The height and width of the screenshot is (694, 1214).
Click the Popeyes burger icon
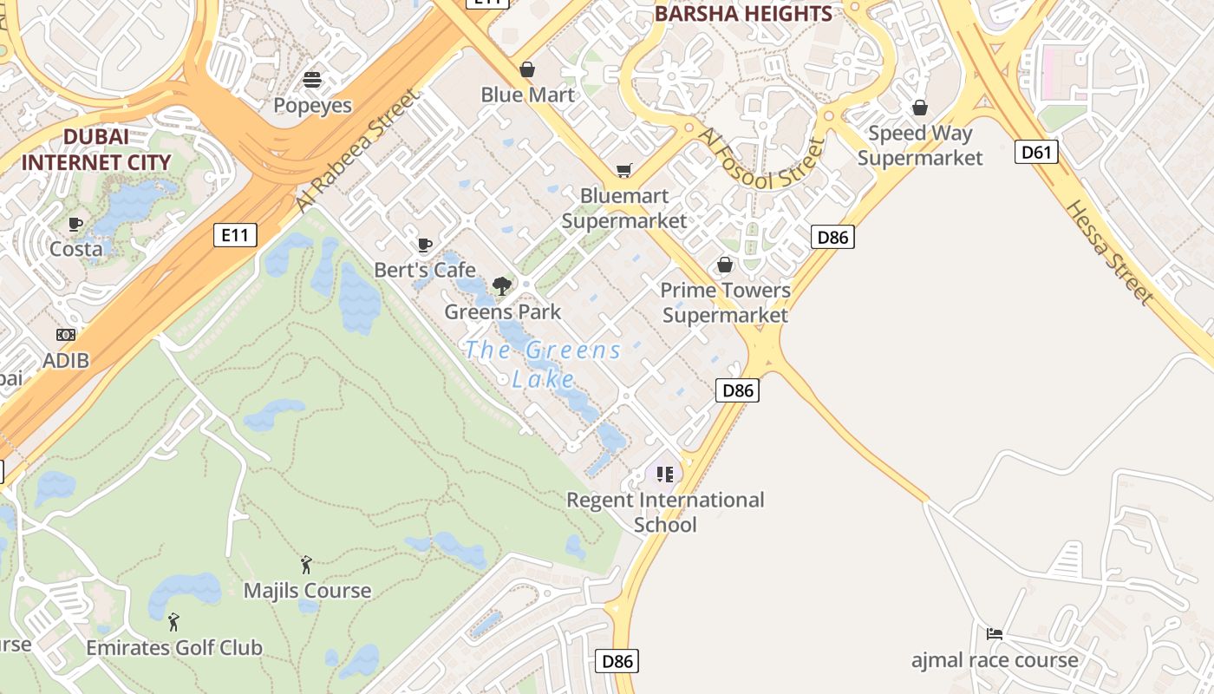pyautogui.click(x=312, y=80)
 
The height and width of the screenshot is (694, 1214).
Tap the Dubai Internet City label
pyautogui.click(x=95, y=149)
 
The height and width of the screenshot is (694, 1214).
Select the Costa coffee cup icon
pyautogui.click(x=75, y=224)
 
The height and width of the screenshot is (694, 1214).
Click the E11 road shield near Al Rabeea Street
pyautogui.click(x=235, y=234)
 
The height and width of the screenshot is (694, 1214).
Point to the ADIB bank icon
pyautogui.click(x=66, y=335)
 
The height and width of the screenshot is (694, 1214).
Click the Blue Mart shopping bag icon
pyautogui.click(x=526, y=69)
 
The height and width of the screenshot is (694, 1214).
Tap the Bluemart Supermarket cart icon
pyautogui.click(x=623, y=170)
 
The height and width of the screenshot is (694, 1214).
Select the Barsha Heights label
pyautogui.click(x=742, y=14)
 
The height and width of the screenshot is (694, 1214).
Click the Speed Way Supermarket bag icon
pyautogui.click(x=919, y=108)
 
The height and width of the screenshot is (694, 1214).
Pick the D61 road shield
pyautogui.click(x=1035, y=153)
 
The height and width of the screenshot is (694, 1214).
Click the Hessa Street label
pyautogui.click(x=1109, y=252)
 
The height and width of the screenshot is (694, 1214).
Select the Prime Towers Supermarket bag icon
pyautogui.click(x=724, y=265)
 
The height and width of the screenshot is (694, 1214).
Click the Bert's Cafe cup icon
pyautogui.click(x=424, y=246)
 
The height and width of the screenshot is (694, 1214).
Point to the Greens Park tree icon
pyautogui.click(x=501, y=285)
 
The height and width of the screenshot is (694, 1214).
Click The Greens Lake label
pyautogui.click(x=544, y=364)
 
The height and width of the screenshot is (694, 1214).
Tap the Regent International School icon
pyautogui.click(x=664, y=474)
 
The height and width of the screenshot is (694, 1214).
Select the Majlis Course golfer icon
pyautogui.click(x=306, y=565)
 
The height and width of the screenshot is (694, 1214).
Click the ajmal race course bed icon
pyautogui.click(x=994, y=634)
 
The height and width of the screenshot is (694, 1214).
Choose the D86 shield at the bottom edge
pyautogui.click(x=617, y=662)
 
